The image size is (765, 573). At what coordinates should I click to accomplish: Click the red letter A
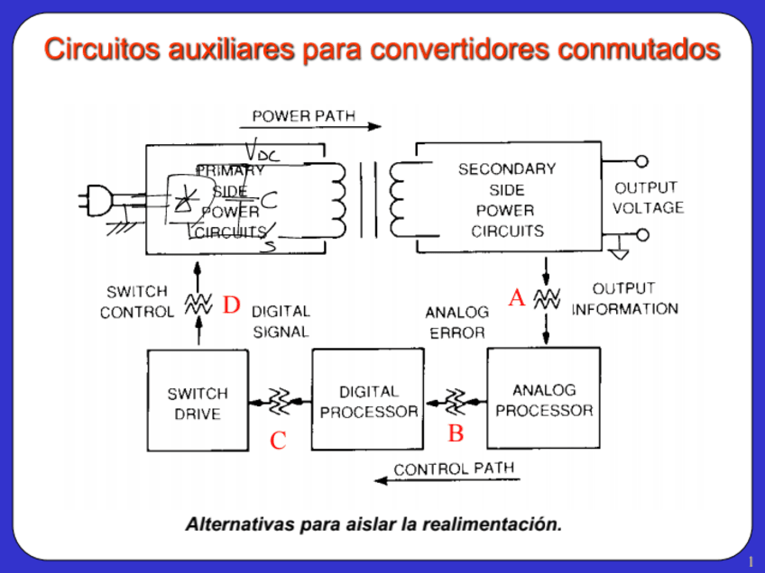517,298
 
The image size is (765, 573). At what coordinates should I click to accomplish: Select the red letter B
456,433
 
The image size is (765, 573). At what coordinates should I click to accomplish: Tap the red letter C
278,441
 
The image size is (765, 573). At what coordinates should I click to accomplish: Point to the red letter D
232,305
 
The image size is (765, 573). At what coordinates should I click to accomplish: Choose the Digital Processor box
368,402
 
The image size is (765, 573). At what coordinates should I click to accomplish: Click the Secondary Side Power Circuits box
506,199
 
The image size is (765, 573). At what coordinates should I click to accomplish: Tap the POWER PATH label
303,116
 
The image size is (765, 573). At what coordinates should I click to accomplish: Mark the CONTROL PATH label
454,469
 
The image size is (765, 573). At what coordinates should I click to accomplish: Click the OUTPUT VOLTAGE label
648,197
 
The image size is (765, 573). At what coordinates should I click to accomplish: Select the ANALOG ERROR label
456,322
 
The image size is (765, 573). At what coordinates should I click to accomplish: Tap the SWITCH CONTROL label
136,302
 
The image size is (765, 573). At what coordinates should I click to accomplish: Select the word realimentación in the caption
491,523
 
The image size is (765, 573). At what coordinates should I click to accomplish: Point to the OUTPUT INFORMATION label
624,298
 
